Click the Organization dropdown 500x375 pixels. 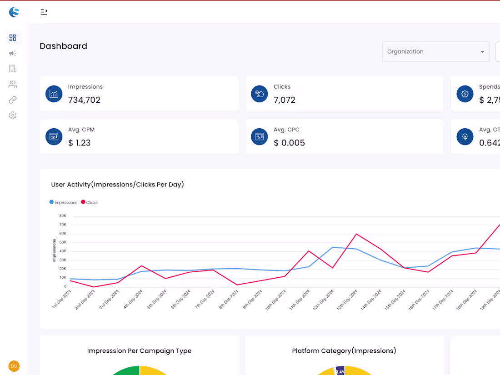click(435, 52)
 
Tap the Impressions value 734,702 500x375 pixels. click(84, 100)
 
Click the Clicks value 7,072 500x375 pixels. click(285, 100)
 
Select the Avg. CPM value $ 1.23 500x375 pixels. click(80, 143)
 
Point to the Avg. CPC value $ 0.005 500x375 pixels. click(289, 143)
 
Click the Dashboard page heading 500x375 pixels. click(63, 46)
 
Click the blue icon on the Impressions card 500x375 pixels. click(54, 94)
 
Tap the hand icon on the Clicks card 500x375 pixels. click(260, 94)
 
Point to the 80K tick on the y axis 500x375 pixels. click(62, 216)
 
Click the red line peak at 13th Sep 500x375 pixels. click(356, 234)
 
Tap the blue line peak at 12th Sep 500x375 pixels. click(333, 247)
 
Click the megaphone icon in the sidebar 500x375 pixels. click(13, 53)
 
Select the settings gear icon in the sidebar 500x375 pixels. click(13, 115)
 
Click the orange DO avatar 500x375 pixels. click(14, 366)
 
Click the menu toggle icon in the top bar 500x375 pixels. click(44, 12)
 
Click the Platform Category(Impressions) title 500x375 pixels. click(344, 351)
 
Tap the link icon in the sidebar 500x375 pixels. click(13, 100)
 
